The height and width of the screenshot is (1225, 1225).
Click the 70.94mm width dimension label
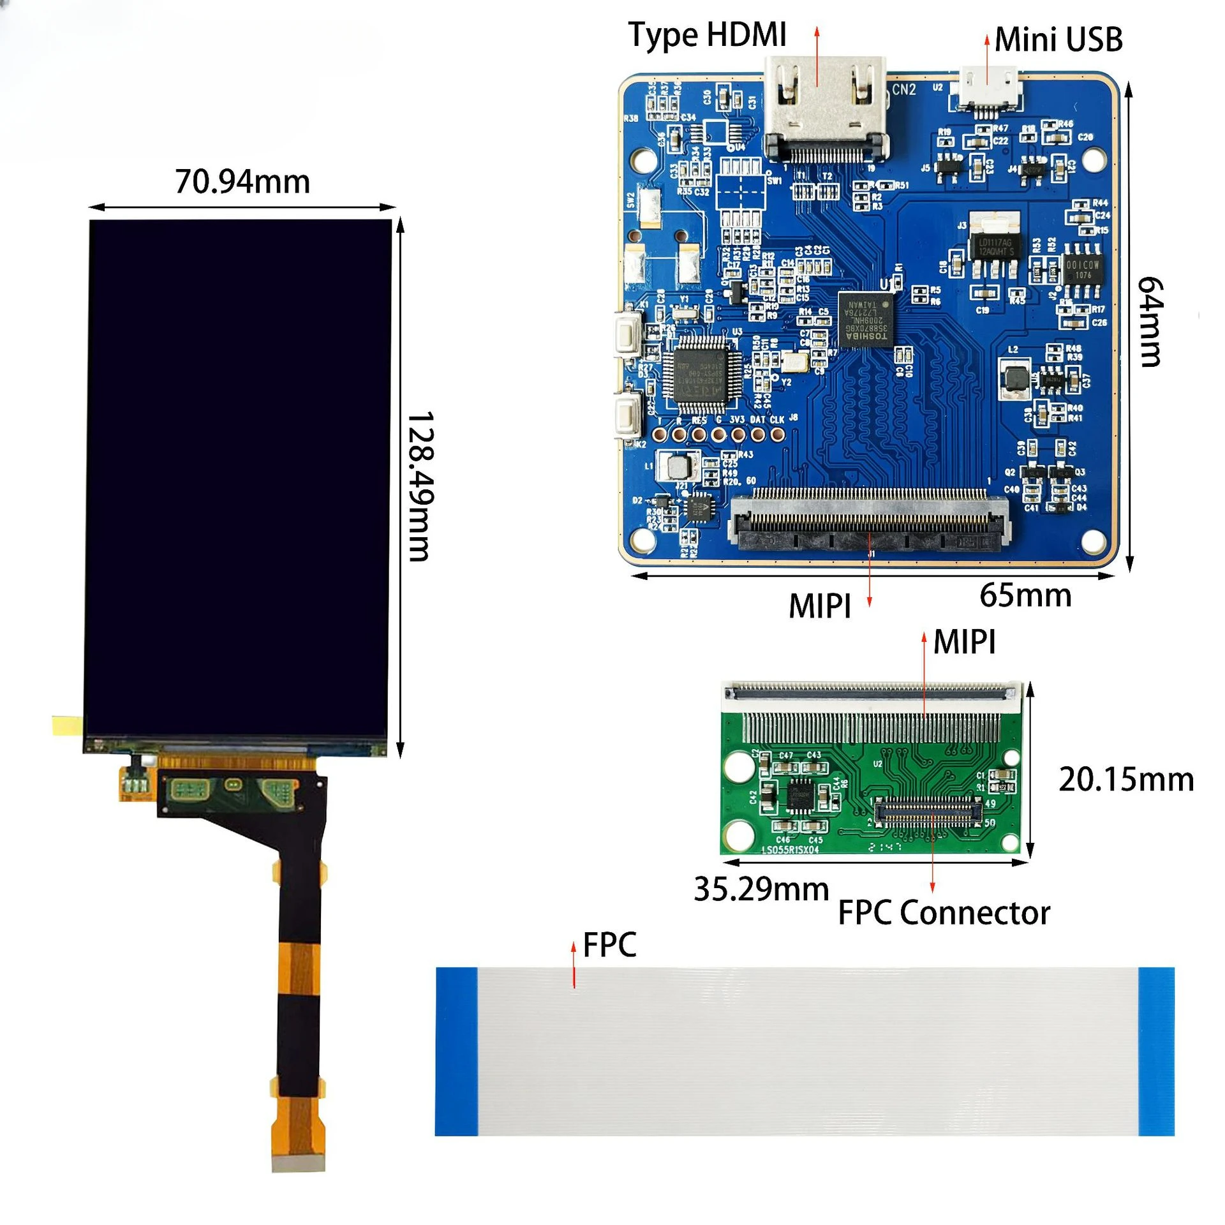(x=242, y=182)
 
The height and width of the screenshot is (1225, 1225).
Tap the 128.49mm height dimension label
(x=420, y=486)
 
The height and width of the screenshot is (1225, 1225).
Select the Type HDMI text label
(x=707, y=34)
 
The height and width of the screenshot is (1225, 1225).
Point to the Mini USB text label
(x=1058, y=40)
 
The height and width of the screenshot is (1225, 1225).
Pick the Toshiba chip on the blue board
(x=866, y=320)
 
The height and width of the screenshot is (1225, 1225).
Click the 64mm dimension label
(x=1150, y=322)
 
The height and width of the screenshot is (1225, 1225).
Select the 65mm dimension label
(x=1025, y=595)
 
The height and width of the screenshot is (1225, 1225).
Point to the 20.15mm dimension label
(x=1126, y=780)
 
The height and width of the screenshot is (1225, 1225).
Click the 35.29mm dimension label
(x=761, y=889)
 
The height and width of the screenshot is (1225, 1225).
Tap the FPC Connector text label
(x=944, y=913)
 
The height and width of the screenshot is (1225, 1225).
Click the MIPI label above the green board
(x=964, y=642)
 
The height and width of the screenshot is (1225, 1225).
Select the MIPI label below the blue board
(x=820, y=606)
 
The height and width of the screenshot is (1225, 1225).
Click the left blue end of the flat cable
(x=456, y=1051)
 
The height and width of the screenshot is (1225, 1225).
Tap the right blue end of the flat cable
(x=1156, y=1051)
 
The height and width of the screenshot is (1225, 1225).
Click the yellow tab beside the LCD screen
(x=67, y=725)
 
